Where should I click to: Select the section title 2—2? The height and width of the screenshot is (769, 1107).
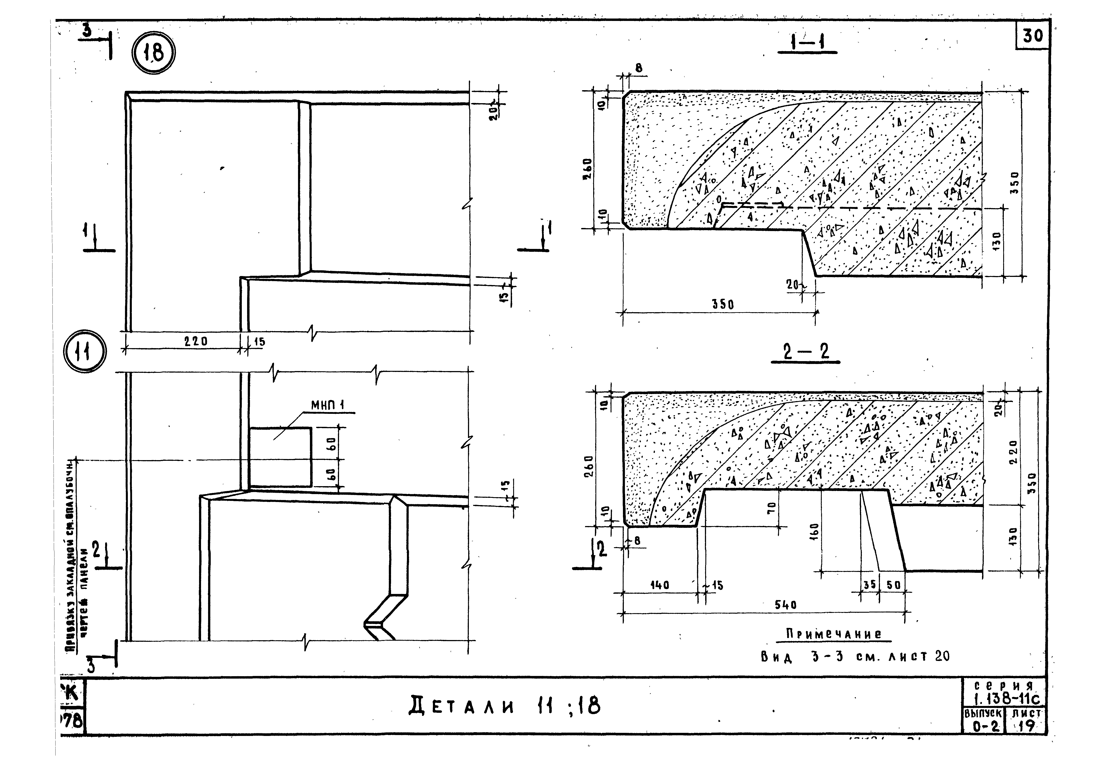[805, 352]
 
